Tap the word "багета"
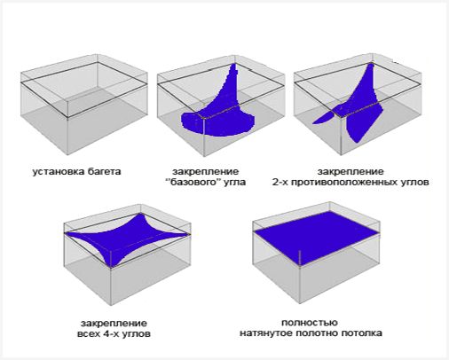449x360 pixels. pyautogui.click(x=105, y=172)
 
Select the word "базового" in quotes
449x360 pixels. pyautogui.click(x=193, y=182)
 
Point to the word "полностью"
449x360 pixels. pyautogui.click(x=310, y=323)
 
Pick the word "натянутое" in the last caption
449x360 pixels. pyautogui.click(x=266, y=333)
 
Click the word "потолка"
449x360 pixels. pyautogui.click(x=361, y=333)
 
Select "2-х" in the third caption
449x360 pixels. pyautogui.click(x=280, y=182)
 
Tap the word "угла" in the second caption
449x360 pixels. pyautogui.click(x=234, y=182)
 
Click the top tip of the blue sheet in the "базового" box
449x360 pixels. pyautogui.click(x=234, y=64)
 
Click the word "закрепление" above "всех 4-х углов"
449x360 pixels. pyautogui.click(x=114, y=324)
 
